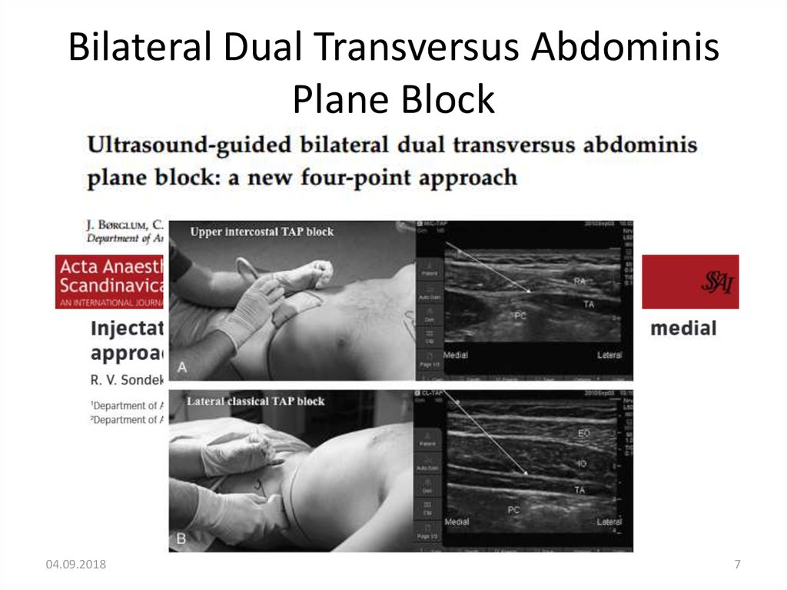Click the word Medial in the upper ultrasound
point(456,355)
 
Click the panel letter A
point(182,368)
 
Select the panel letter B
point(181,539)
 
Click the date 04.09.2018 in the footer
point(76,565)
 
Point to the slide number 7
point(738,565)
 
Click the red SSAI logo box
point(690,282)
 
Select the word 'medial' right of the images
point(683,328)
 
